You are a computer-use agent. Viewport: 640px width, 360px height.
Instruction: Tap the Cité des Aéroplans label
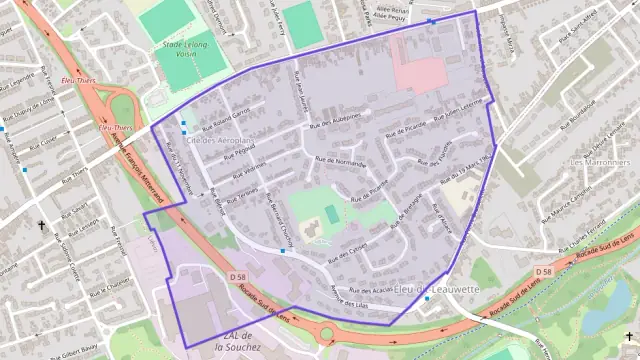pos(216,142)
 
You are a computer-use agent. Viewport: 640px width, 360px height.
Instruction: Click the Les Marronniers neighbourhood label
pos(600,161)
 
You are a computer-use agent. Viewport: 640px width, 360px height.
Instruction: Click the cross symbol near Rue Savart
pos(41,226)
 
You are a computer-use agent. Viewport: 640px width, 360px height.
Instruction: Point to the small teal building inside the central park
pos(332,214)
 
